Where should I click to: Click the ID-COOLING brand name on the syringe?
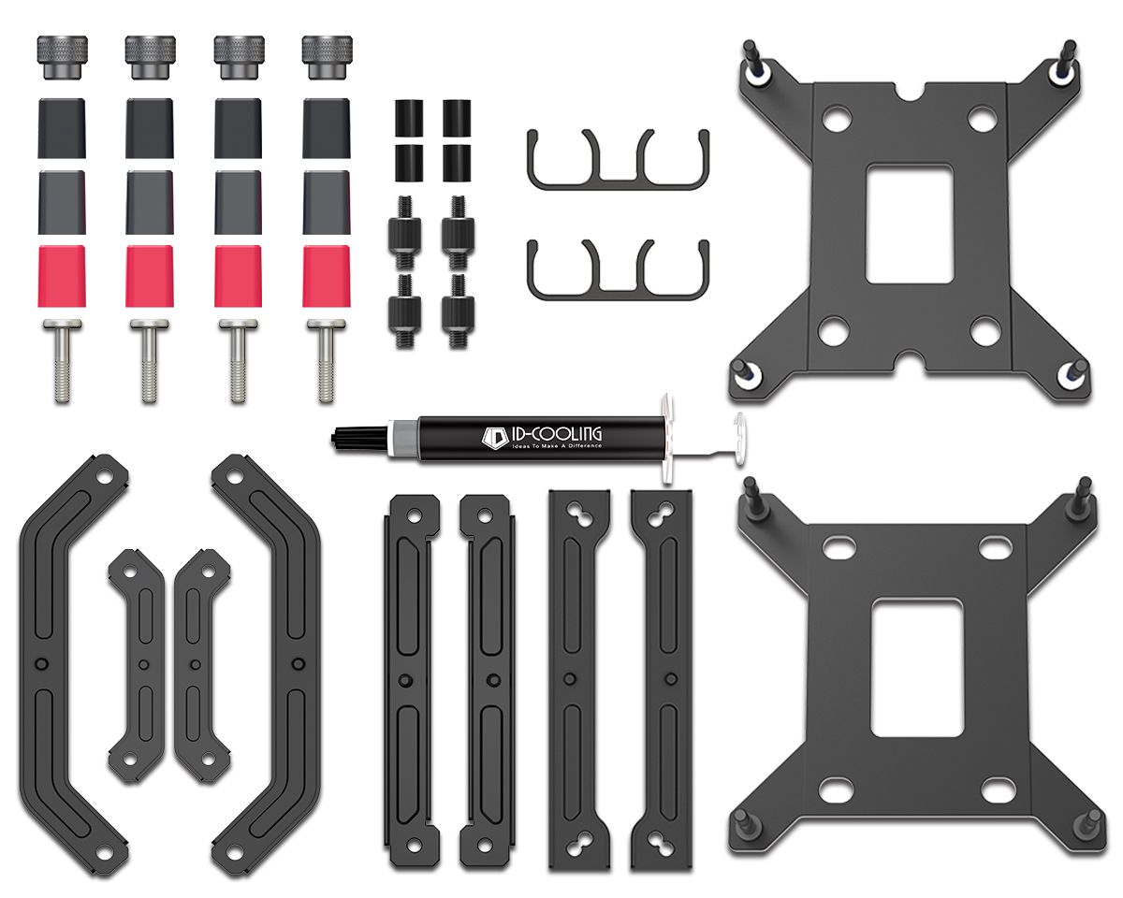coord(558,433)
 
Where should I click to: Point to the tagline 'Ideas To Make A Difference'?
coord(558,446)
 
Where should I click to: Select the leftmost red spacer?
coord(62,277)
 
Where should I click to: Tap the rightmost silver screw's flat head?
coord(327,325)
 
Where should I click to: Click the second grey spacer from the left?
coord(149,201)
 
